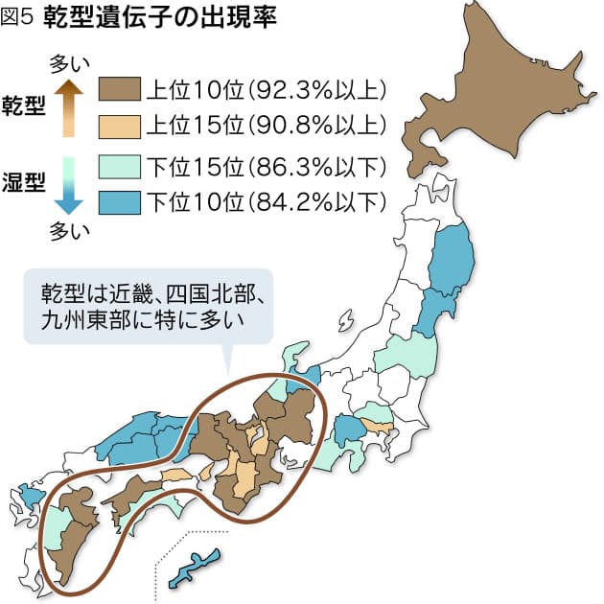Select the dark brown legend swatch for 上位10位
[x=119, y=90]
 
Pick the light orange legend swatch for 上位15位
[x=119, y=125]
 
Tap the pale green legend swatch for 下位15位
[x=119, y=167]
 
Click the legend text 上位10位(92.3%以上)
[x=266, y=90]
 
